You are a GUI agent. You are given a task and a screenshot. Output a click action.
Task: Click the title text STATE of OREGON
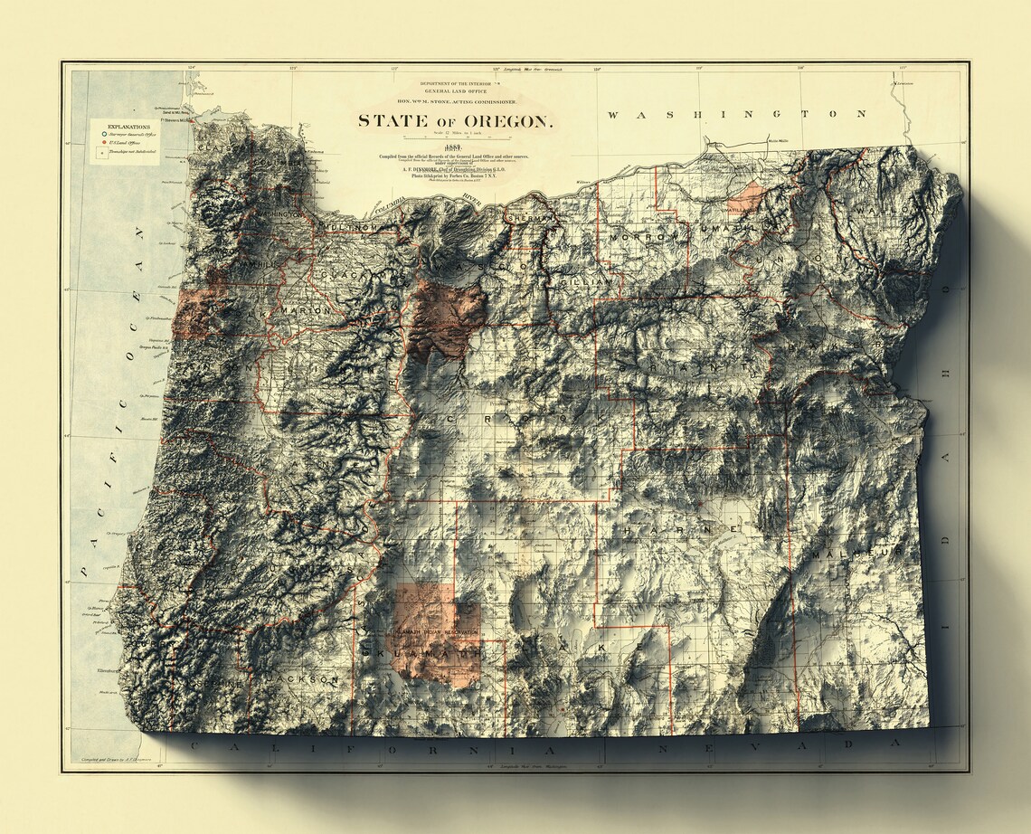tap(454, 120)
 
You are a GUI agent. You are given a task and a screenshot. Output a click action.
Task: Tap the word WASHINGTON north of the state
tap(736, 114)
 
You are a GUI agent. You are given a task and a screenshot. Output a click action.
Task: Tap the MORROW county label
tap(642, 238)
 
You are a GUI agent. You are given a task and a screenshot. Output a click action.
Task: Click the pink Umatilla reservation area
tap(749, 196)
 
